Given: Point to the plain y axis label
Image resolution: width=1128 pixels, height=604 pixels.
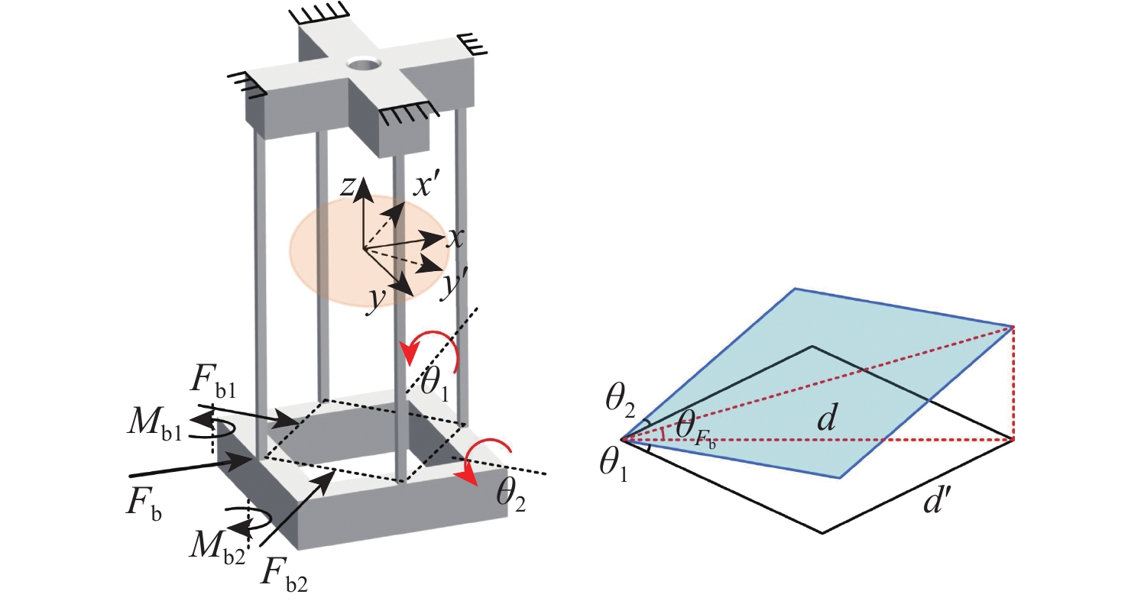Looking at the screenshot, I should (x=375, y=301).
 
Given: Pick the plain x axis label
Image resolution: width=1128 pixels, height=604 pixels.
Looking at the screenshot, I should (x=456, y=239).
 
